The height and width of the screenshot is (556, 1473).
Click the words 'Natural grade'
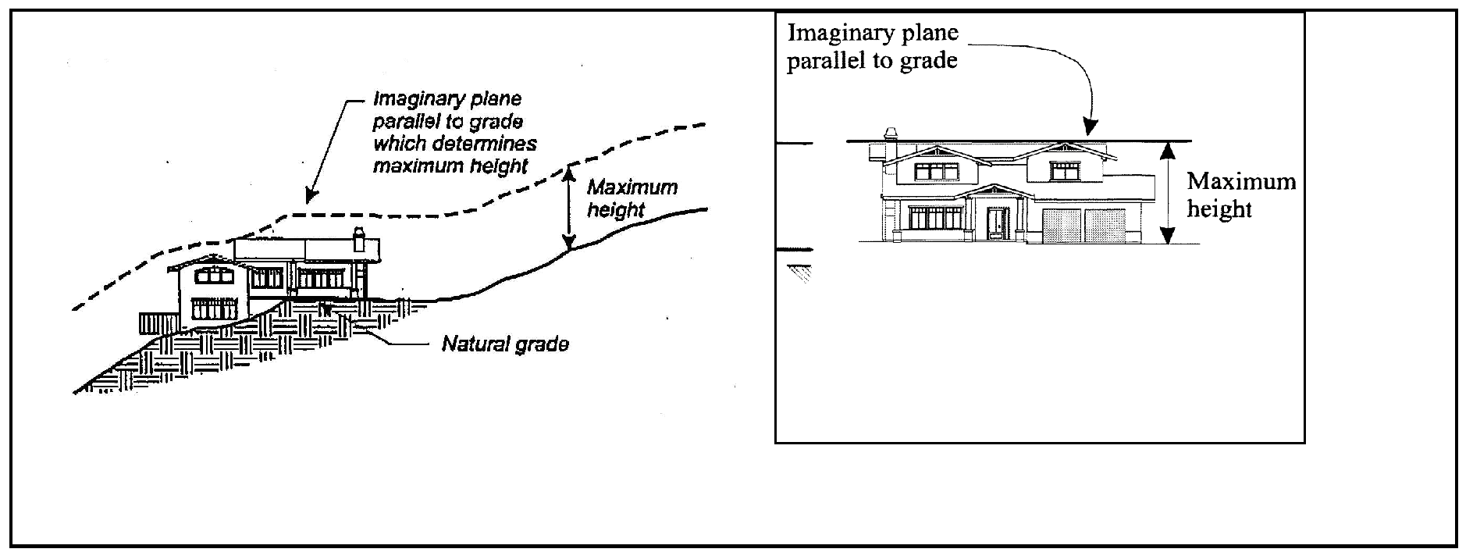[x=505, y=344]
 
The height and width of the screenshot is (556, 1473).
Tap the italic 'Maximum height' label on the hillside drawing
[x=632, y=198]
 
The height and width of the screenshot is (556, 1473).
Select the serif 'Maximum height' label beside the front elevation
[x=1240, y=195]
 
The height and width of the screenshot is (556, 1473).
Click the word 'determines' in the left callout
[x=484, y=144]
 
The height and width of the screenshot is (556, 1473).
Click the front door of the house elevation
[x=997, y=223]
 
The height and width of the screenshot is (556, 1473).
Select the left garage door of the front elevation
[x=1062, y=226]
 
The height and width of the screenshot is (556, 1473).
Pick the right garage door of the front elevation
[x=1105, y=226]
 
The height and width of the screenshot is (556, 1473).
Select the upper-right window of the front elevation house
[x=1062, y=170]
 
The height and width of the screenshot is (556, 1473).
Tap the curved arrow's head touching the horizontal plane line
[x=1091, y=128]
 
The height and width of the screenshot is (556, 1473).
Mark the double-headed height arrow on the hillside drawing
[x=570, y=207]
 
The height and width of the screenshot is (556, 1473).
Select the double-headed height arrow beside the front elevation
[x=1167, y=193]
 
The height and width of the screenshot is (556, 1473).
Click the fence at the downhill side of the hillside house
[x=158, y=323]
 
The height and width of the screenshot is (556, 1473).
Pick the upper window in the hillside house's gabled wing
[x=213, y=275]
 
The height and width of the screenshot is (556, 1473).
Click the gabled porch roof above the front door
[x=991, y=192]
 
